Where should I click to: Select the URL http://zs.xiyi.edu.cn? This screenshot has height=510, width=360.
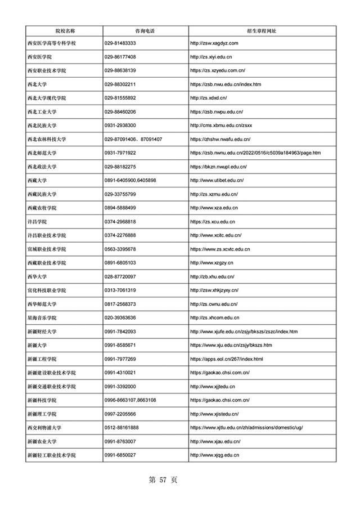pyautogui.click(x=213, y=57)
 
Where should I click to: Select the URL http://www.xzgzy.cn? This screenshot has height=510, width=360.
pyautogui.click(x=211, y=263)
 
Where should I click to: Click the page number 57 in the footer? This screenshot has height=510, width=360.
pyautogui.click(x=164, y=480)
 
